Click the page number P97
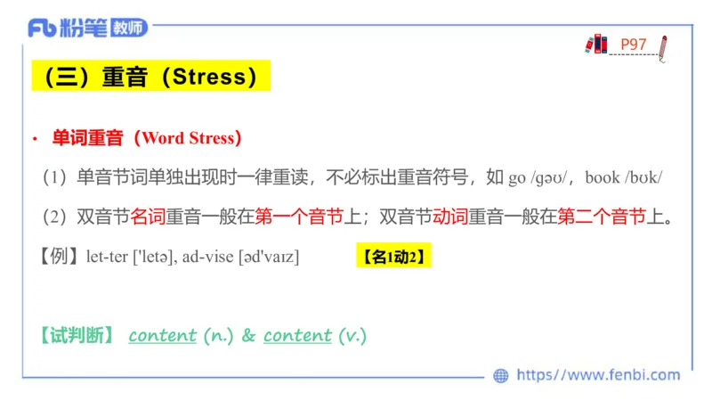pos(634,45)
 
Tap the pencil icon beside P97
pos(662,47)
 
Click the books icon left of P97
pos(596,44)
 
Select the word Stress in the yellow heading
pos(209,77)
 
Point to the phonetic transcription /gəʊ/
pos(556,177)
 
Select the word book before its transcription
pos(603,177)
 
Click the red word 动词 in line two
pos(450,217)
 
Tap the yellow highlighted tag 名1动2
pos(394,257)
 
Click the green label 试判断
pos(77,336)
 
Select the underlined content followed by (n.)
pos(162,336)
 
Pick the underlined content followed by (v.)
pos(297,336)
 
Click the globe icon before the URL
pos(501,375)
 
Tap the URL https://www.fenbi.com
pos(598,375)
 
